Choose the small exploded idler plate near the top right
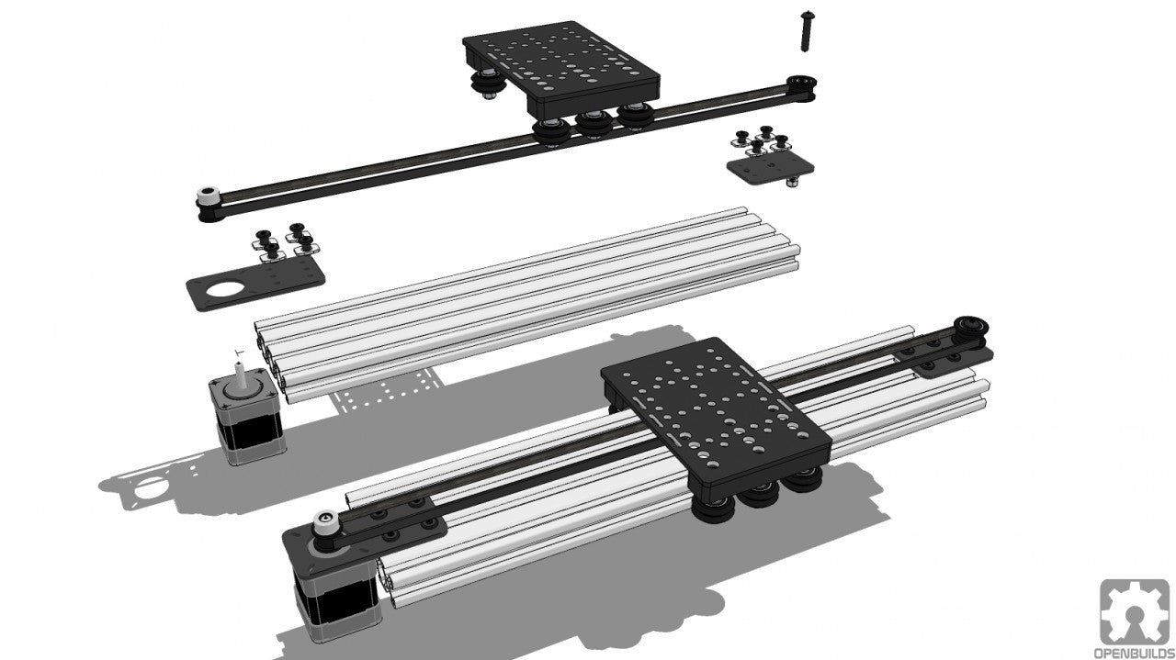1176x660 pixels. point(768,168)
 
